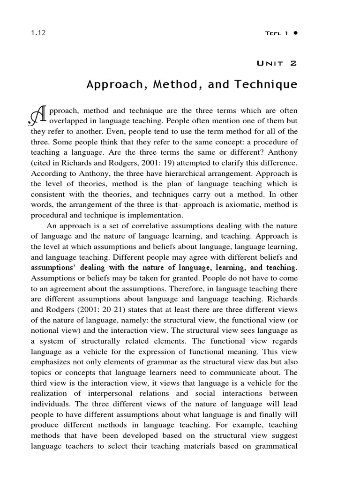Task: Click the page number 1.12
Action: [37, 33]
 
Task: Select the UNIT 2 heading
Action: [277, 63]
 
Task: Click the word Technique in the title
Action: [267, 85]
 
